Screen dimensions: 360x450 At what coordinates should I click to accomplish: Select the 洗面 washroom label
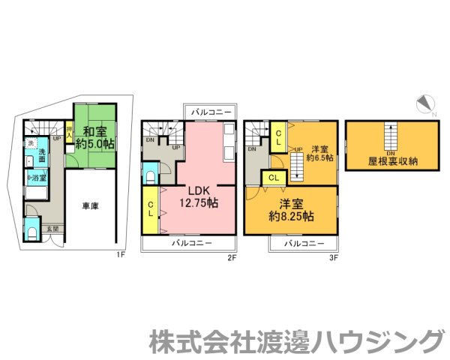(x=43, y=155)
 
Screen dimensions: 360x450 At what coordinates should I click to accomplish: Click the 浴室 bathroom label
(x=38, y=178)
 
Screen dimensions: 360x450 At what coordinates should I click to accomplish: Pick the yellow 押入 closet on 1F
(x=69, y=136)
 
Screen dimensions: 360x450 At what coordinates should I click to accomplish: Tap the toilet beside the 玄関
(x=31, y=231)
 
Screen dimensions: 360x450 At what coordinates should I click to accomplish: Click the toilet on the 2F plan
(x=150, y=176)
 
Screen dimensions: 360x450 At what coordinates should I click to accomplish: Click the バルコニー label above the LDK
(x=211, y=111)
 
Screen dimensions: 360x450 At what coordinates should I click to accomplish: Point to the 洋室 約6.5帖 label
(x=323, y=153)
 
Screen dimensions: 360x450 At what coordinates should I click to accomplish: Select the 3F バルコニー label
(x=304, y=244)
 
